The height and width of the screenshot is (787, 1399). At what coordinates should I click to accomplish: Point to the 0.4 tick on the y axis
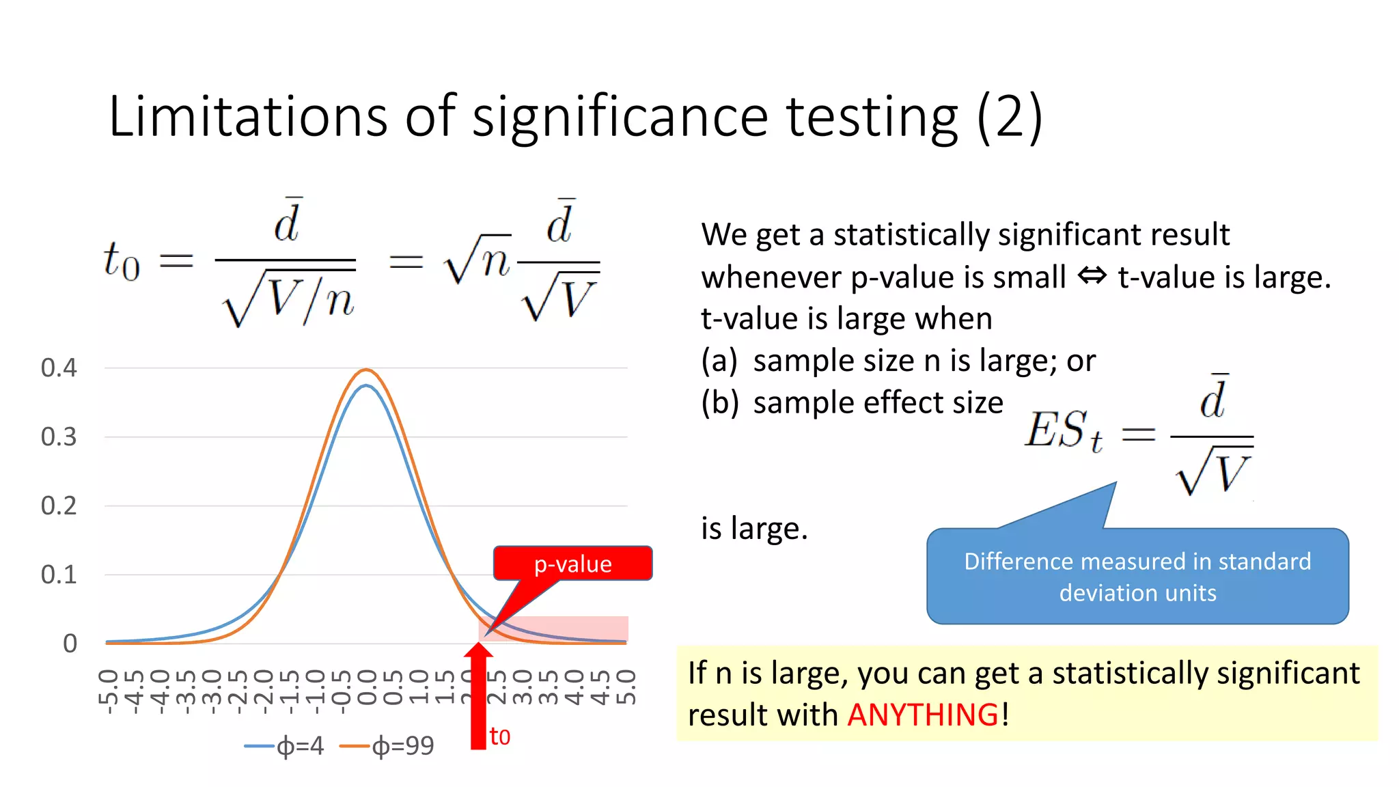(59, 368)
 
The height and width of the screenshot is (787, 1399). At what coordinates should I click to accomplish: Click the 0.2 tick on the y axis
(59, 506)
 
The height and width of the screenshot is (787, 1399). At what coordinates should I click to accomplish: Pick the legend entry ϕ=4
(284, 746)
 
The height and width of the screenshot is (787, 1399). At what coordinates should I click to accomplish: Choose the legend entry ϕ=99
(387, 746)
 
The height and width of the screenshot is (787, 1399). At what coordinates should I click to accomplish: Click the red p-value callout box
(572, 564)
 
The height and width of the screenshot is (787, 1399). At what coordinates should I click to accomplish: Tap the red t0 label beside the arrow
(500, 736)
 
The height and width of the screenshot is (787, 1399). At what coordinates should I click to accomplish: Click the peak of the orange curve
(366, 370)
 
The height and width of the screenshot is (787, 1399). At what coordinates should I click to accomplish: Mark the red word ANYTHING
(923, 715)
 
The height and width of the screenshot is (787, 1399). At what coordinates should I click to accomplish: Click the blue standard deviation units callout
(1137, 577)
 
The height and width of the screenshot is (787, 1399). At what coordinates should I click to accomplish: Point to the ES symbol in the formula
(1056, 430)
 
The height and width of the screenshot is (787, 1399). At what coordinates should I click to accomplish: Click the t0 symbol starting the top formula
(122, 261)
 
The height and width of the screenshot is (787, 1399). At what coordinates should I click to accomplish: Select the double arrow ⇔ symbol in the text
(1092, 277)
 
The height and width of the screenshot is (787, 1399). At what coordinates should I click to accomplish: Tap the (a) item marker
(719, 361)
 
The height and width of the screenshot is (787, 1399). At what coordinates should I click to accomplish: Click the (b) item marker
(719, 403)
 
